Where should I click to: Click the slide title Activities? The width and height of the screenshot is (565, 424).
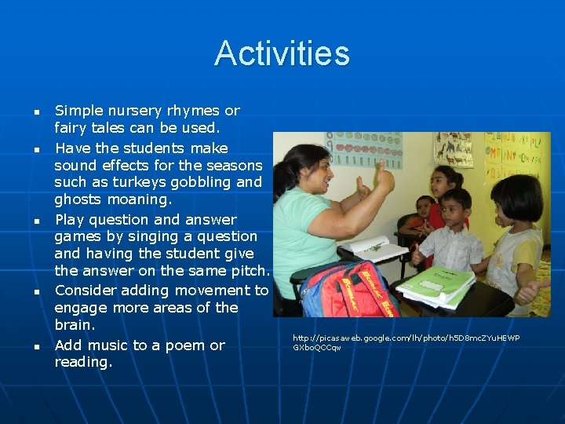tap(282, 53)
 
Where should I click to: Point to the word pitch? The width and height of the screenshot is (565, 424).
tap(249, 271)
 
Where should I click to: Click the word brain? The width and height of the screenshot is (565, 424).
tap(75, 324)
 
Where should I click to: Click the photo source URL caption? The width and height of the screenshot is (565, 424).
tap(406, 342)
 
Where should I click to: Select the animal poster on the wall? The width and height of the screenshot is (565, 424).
tap(454, 149)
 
